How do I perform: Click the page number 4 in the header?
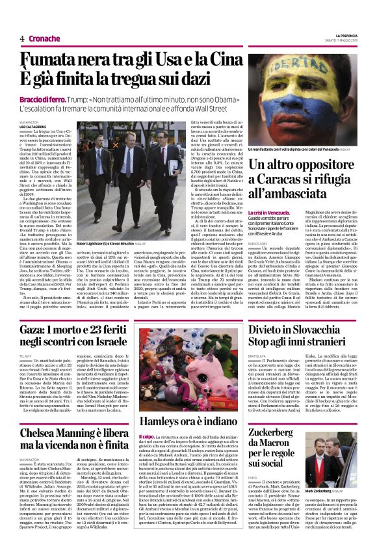click(x=22, y=39)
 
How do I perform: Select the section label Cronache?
click(x=45, y=39)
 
